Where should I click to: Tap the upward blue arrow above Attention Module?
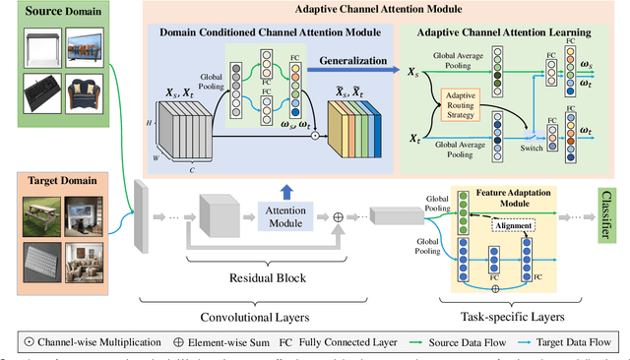pos(286,190)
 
